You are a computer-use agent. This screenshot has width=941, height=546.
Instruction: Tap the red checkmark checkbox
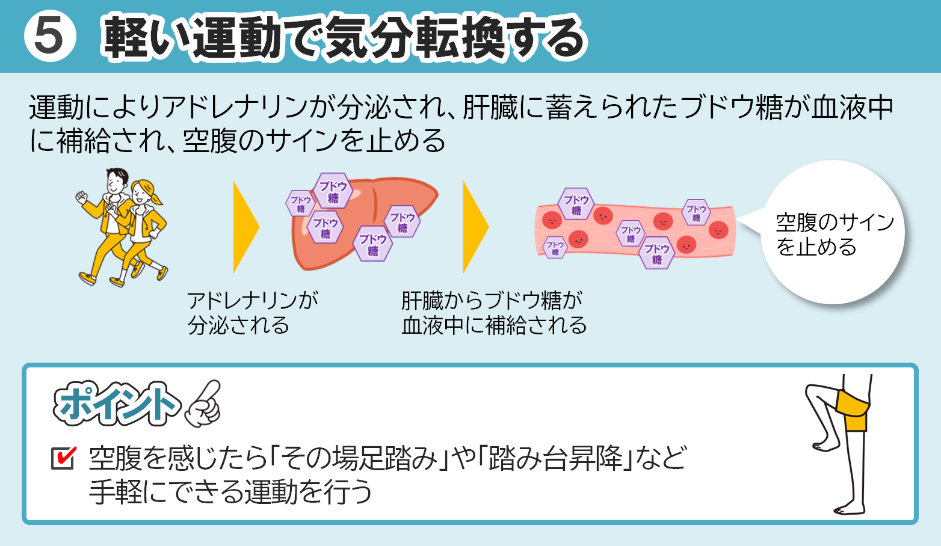[x=63, y=458]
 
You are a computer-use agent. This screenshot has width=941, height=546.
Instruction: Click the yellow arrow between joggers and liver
[x=245, y=227]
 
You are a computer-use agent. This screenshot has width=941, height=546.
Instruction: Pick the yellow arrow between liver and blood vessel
[x=475, y=227]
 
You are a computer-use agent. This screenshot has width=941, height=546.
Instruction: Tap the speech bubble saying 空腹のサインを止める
[x=833, y=234]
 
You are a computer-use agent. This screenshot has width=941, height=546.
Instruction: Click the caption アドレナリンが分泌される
[x=252, y=313]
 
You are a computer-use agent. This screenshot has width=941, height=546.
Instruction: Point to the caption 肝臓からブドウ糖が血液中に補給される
[x=494, y=313]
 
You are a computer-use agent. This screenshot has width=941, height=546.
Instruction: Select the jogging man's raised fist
[x=82, y=196]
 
